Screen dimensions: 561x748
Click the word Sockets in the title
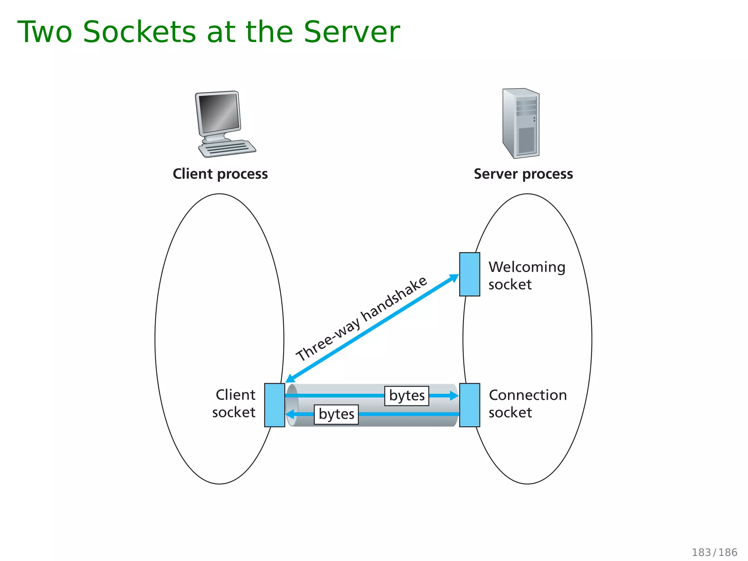[140, 32]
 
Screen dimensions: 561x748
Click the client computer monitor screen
[218, 112]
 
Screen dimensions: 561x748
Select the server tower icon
[520, 123]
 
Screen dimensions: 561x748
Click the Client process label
[220, 174]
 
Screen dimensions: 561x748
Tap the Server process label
[523, 174]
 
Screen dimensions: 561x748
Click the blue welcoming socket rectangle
[469, 274]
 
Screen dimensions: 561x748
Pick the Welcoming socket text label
[526, 276]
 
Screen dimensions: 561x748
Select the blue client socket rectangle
[274, 405]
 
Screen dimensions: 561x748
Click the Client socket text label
[234, 404]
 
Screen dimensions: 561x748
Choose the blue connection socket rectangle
[469, 405]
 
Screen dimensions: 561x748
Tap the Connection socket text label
[527, 404]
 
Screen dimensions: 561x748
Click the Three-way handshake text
[361, 318]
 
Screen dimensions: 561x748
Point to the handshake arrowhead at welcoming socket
[454, 278]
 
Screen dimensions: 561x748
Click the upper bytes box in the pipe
[407, 396]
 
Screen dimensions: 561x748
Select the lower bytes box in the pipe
[336, 414]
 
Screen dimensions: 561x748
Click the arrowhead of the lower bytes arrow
[290, 414]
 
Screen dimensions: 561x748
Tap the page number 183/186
[714, 552]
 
